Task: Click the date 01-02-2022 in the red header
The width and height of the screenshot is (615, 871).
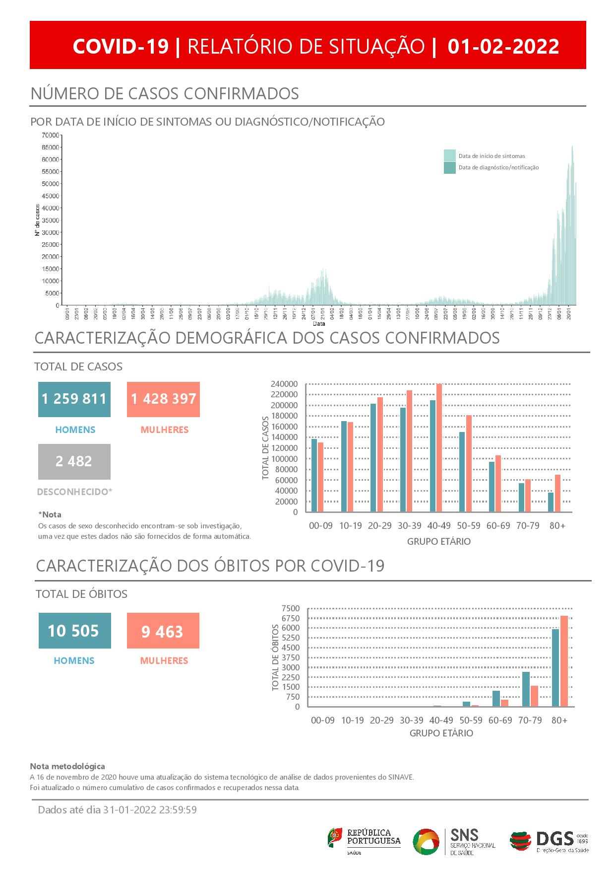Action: coord(503,46)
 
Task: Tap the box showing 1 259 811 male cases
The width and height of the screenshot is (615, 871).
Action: coord(74,399)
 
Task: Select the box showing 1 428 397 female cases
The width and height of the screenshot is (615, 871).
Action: coord(163,399)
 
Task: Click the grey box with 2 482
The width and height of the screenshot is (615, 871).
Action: coord(74,461)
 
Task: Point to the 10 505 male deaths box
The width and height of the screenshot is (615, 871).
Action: coord(74,631)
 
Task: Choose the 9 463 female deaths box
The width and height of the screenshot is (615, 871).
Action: coord(163,631)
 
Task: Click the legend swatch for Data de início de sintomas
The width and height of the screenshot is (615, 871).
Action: coord(450,155)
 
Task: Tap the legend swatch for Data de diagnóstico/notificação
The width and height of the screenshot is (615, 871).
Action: coord(450,167)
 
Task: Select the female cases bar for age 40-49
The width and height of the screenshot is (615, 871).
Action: coord(439,447)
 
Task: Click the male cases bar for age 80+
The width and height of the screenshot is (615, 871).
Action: coord(551,502)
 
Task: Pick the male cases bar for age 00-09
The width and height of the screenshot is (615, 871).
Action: coord(314,475)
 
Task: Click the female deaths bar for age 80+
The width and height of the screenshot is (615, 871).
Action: coord(564,661)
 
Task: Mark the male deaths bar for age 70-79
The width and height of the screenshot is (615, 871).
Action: coord(526,689)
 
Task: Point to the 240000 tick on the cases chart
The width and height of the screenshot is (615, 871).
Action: coord(284,384)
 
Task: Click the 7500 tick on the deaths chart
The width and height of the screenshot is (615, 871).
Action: coord(290,608)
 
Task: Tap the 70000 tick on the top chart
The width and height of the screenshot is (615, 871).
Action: coord(51,135)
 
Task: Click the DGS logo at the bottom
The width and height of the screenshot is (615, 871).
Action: coord(549,841)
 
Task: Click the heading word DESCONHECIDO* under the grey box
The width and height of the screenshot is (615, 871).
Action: coord(74,492)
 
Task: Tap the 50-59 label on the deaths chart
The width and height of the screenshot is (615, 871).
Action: coord(471,720)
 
